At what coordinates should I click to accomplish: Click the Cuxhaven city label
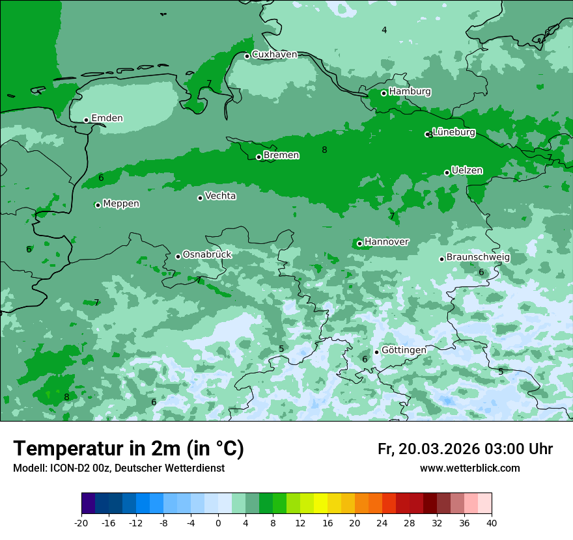pyautogui.click(x=274, y=55)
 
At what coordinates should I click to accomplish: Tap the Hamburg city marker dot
pyautogui.click(x=384, y=93)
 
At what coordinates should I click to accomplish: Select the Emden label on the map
pyautogui.click(x=107, y=118)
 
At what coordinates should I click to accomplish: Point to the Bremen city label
pyautogui.click(x=281, y=155)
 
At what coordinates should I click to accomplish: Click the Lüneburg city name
pyautogui.click(x=454, y=132)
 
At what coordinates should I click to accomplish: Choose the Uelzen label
pyautogui.click(x=467, y=170)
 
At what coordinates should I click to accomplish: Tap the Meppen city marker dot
pyautogui.click(x=98, y=205)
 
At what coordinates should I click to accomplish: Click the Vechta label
pyautogui.click(x=220, y=196)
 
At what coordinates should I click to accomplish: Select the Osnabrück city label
pyautogui.click(x=207, y=254)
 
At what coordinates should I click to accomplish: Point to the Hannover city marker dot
pyautogui.click(x=359, y=243)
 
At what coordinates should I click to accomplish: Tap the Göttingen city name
pyautogui.click(x=404, y=350)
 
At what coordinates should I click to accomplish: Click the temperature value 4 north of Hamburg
pyautogui.click(x=384, y=30)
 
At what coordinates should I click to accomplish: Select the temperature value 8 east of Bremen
pyautogui.click(x=324, y=150)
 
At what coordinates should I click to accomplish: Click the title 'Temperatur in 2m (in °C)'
pyautogui.click(x=128, y=448)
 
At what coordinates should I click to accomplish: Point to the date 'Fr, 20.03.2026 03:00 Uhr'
pyautogui.click(x=465, y=449)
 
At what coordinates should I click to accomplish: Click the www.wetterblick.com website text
pyautogui.click(x=469, y=468)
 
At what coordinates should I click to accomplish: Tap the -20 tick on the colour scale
pyautogui.click(x=81, y=523)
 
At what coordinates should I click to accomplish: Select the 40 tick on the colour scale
pyautogui.click(x=492, y=523)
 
